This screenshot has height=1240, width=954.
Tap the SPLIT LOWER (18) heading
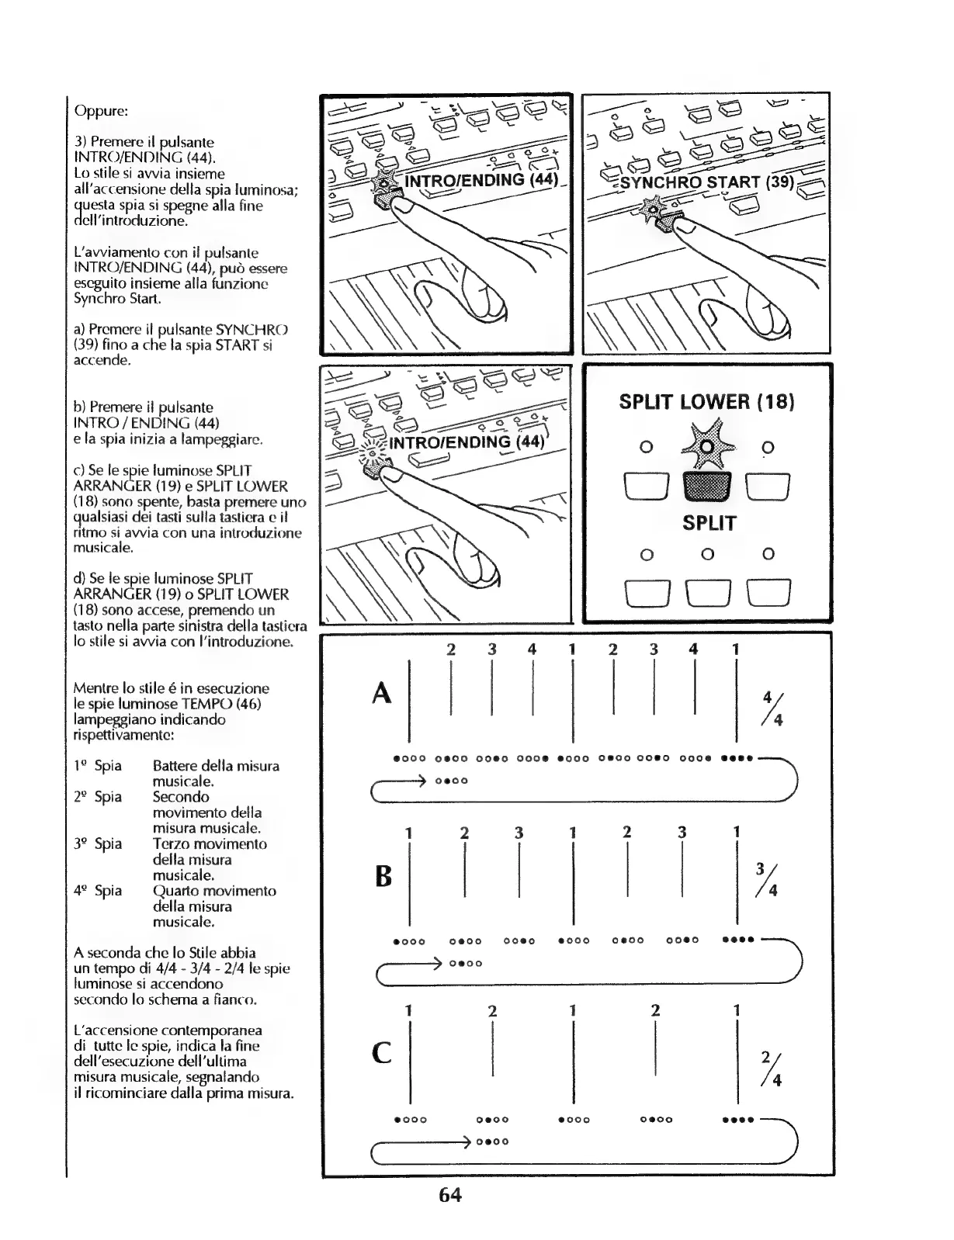tap(706, 401)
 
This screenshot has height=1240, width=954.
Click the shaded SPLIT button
tap(706, 487)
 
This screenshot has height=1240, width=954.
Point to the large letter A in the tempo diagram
tap(381, 692)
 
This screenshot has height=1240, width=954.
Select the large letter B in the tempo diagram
tap(383, 877)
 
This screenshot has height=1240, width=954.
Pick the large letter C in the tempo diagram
tap(382, 1053)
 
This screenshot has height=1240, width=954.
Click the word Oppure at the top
tap(100, 110)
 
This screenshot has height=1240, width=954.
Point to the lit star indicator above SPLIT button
tap(706, 447)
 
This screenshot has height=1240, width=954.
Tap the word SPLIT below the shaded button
tap(709, 523)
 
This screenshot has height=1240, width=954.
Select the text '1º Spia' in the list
tap(98, 766)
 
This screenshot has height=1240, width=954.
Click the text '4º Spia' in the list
tap(98, 891)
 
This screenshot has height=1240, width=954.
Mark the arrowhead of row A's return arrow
tap(425, 780)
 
